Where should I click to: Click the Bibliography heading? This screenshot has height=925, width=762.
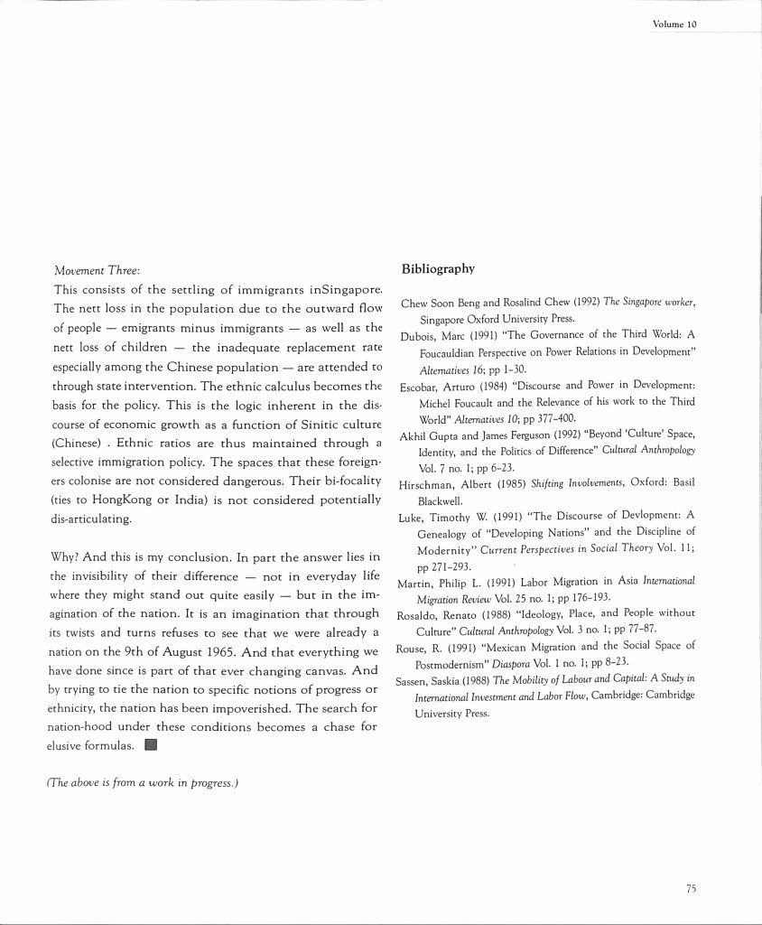coord(438,268)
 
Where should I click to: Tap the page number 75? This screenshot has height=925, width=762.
coord(690,888)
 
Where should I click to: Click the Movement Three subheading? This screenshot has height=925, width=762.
coord(98,270)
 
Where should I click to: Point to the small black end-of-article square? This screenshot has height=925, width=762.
coord(151,745)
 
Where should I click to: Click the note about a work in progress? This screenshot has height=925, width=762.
coord(142,783)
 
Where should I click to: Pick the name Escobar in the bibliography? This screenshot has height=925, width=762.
coord(420,387)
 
